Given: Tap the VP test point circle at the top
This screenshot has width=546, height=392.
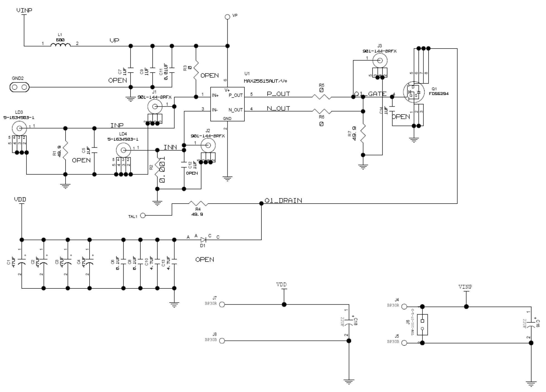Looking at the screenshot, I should [x=227, y=17].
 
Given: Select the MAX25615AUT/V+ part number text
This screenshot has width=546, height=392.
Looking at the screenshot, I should [x=265, y=81].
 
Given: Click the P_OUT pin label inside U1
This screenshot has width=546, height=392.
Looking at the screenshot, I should [x=236, y=95].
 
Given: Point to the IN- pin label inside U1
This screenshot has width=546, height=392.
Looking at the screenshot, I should [x=215, y=110].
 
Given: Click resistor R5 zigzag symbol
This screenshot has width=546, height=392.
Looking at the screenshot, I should [x=321, y=97].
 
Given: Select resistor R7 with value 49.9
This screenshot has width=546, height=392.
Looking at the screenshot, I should [x=363, y=133].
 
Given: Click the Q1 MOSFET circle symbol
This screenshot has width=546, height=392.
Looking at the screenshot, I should [x=414, y=92].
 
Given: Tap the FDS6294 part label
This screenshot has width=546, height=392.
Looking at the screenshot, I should [x=439, y=94].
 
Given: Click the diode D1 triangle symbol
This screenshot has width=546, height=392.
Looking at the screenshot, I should [x=203, y=240].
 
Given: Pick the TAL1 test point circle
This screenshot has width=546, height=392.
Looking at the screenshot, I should [x=143, y=216].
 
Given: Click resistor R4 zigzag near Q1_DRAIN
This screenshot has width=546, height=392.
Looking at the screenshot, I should [x=198, y=204].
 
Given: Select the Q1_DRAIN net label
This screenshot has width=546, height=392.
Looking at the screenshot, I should [x=283, y=200].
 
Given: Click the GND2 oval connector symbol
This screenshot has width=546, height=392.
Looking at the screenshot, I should [x=19, y=87].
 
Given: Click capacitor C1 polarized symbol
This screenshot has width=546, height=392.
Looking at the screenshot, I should [x=22, y=262].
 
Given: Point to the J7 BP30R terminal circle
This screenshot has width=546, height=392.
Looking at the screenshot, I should [x=222, y=305].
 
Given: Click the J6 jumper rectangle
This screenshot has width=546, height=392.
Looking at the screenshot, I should [x=422, y=325].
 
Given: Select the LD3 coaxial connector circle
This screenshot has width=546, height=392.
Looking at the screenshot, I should [x=19, y=128].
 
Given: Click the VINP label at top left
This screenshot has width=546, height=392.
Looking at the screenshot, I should [x=24, y=10].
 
